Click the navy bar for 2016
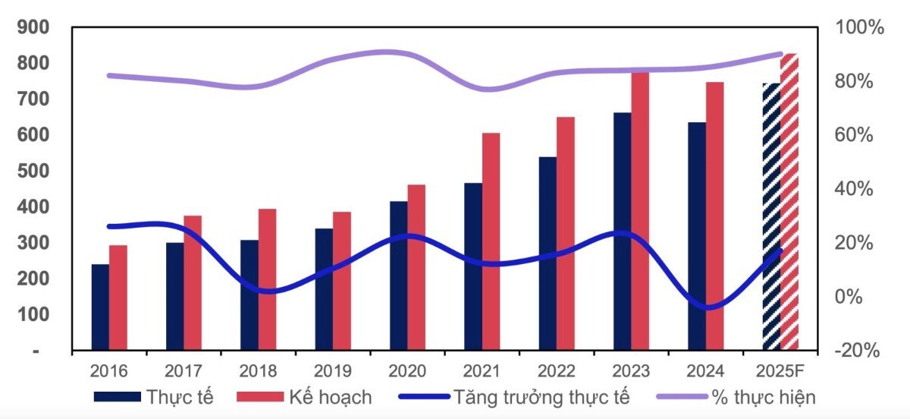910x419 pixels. (100, 307)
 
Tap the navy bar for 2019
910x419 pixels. (324, 289)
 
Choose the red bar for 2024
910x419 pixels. (715, 216)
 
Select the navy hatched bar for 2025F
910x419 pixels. (770, 217)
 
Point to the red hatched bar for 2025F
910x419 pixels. (789, 202)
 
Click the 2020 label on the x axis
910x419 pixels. (407, 371)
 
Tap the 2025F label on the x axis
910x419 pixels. (780, 371)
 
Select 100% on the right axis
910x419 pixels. (860, 28)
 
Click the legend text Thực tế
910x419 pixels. (180, 397)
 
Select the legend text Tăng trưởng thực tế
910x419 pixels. (541, 397)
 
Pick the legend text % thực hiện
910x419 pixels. (763, 397)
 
